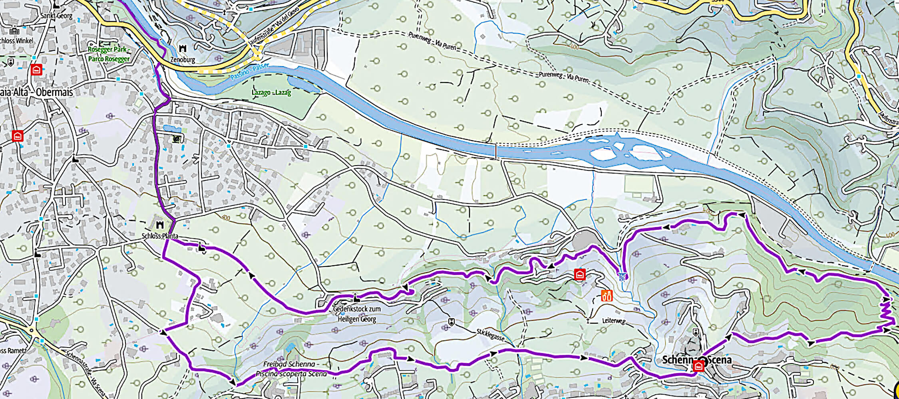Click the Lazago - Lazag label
coord(271,93)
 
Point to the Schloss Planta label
coord(160,236)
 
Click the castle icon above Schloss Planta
coord(160,225)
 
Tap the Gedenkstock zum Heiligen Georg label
coord(356,314)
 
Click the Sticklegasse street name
coord(490,335)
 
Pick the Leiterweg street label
coord(613,320)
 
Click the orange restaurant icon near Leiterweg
coord(607,296)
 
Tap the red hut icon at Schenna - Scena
coord(698,365)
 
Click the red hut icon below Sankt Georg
coord(37,70)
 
